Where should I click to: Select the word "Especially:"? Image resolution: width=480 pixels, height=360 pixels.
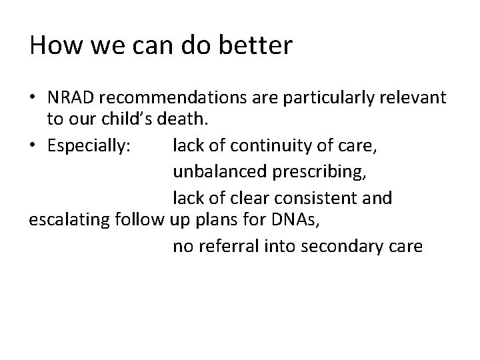click(x=85, y=143)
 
